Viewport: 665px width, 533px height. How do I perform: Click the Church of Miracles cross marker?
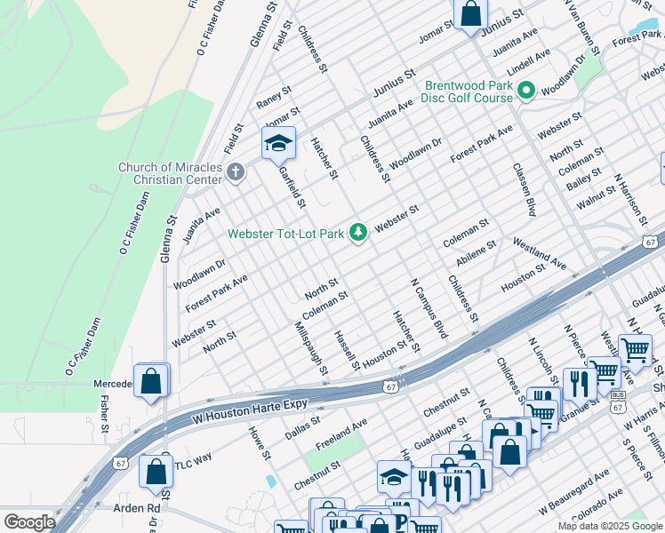coord(235,171)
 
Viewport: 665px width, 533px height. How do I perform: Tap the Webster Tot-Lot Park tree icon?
coord(358,232)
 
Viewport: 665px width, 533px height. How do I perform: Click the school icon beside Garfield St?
coord(278,143)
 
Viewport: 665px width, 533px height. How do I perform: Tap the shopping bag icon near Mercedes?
coord(151,382)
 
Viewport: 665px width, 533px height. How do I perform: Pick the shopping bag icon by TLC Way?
coord(156,471)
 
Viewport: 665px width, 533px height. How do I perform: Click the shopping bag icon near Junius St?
coord(471,14)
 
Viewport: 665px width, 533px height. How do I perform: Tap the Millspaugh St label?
coord(311,348)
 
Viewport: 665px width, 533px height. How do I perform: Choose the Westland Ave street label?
coord(539,252)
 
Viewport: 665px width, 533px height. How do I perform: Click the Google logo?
coord(30,522)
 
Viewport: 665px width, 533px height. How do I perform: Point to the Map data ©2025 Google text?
coord(610,526)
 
